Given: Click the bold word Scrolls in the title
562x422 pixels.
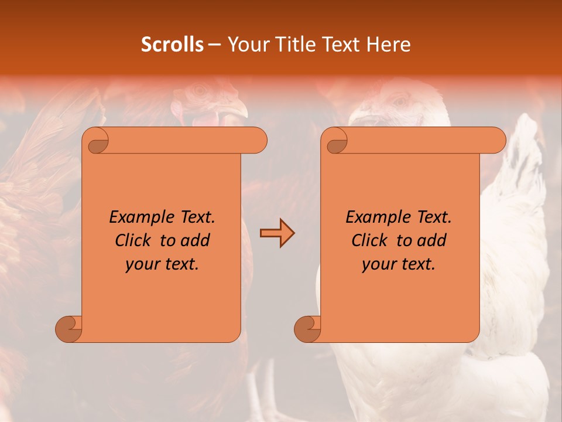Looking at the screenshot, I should (x=172, y=45).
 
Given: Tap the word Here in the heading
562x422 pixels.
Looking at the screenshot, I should (x=389, y=45).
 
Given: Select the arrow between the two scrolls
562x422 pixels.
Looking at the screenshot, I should (x=277, y=233).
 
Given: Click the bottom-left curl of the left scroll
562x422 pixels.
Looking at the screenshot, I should (x=68, y=329).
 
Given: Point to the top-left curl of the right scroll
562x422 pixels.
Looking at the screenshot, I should (x=336, y=141).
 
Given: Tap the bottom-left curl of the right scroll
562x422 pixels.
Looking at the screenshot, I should (x=307, y=329).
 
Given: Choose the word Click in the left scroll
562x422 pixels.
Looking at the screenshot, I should (x=134, y=240).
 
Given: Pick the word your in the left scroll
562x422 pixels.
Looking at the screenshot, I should (x=142, y=264).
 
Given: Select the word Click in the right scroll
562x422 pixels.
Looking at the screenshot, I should (x=370, y=240).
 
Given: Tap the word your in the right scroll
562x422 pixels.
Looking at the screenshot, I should (x=379, y=264).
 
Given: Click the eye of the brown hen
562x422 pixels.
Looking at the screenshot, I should (x=200, y=90).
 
